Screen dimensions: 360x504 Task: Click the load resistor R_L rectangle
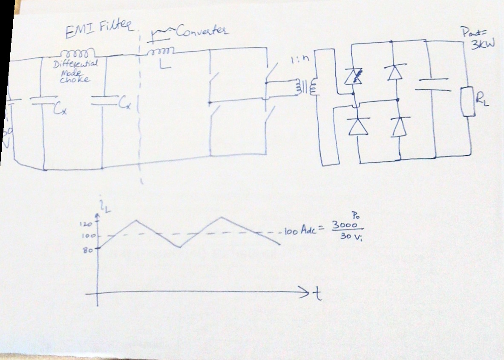(468, 102)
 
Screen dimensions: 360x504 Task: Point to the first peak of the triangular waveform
(136, 220)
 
